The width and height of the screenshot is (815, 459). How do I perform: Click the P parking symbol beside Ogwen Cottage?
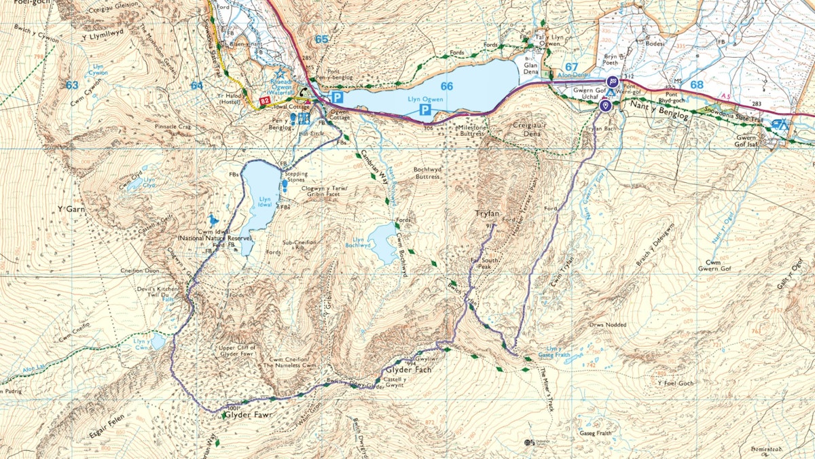[338, 98]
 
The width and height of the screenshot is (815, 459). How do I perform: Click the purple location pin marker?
[605, 106]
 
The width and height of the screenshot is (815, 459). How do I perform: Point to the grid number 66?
[446, 86]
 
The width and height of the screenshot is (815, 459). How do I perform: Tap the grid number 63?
[72, 85]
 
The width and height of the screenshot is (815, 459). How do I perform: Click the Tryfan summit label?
[488, 214]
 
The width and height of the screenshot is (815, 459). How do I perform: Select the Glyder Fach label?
[409, 370]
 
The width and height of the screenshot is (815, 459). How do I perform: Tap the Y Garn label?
[71, 209]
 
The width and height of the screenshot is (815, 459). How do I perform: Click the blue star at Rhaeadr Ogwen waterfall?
[279, 73]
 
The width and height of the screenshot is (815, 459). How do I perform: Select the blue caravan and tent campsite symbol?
[781, 124]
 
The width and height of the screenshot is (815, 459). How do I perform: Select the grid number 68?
[697, 85]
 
